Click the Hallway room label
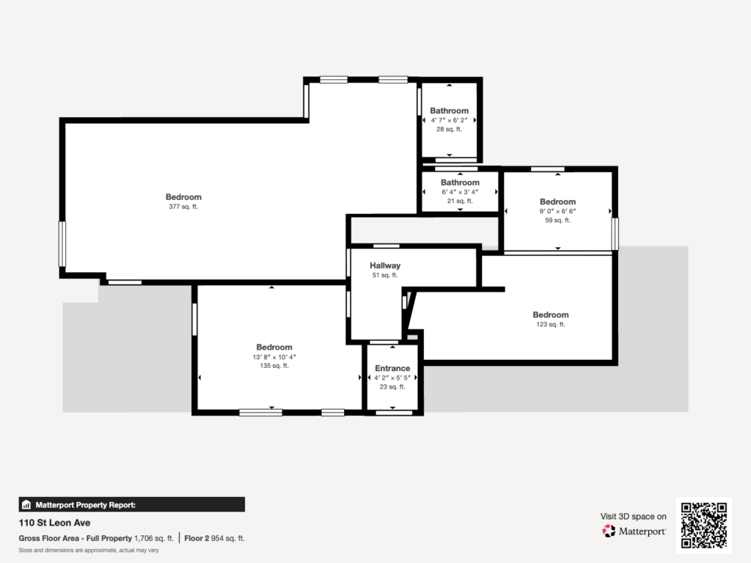pos(384,265)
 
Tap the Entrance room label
pos(392,368)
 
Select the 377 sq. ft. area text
pos(183,207)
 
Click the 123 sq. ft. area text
pos(551,324)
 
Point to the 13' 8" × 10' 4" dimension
pos(274,357)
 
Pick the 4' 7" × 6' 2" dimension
pos(449,120)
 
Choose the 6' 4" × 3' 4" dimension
pos(460,192)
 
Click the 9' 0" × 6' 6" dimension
pos(557,211)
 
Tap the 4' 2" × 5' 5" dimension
pos(392,378)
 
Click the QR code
pos(703,525)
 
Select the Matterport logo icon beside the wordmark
pos(609,531)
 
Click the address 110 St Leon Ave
pos(54,523)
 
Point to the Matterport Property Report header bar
pos(132,504)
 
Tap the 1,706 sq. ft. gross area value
pos(154,538)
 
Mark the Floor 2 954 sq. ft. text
pos(214,538)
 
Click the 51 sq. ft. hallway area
pos(384,276)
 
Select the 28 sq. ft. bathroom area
pos(449,129)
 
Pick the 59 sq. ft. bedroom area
pos(557,220)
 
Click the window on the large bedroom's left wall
pos(62,243)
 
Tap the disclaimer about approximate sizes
pos(89,550)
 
